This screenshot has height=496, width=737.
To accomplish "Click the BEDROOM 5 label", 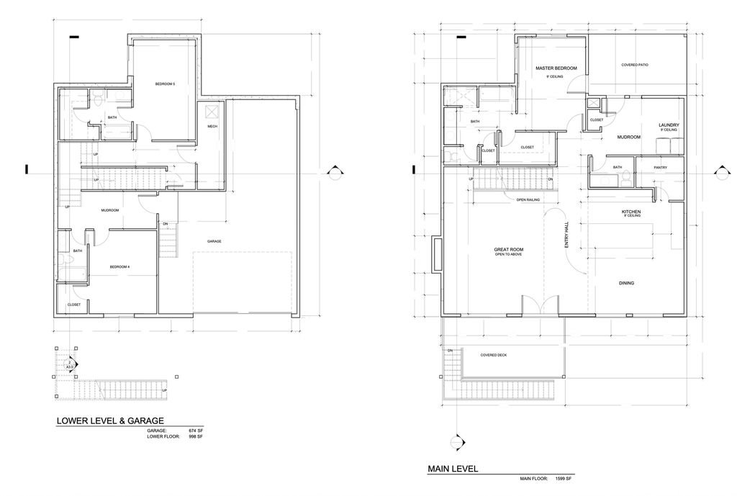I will pos(165,84).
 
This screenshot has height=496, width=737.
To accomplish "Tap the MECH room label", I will pos(212,127).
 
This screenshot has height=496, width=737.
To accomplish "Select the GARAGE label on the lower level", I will pos(214,241).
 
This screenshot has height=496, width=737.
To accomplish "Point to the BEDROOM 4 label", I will pos(119,267).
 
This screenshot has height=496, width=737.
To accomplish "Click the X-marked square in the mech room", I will pos(212,111).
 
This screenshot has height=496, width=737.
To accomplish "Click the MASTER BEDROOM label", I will pos(556,68).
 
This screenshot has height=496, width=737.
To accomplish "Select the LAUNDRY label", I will pos(669,125).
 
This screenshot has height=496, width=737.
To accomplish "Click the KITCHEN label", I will pos(631,212).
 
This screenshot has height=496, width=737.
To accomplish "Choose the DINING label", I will pos(626,283).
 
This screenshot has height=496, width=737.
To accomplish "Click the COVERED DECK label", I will pos(493,355).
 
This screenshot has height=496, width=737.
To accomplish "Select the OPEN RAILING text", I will pos(528,199).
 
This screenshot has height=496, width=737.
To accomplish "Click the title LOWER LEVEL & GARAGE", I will pos(111,421).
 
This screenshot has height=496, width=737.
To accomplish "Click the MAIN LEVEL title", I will pos(453,469).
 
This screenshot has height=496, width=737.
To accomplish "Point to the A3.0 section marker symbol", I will pos(71,366).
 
